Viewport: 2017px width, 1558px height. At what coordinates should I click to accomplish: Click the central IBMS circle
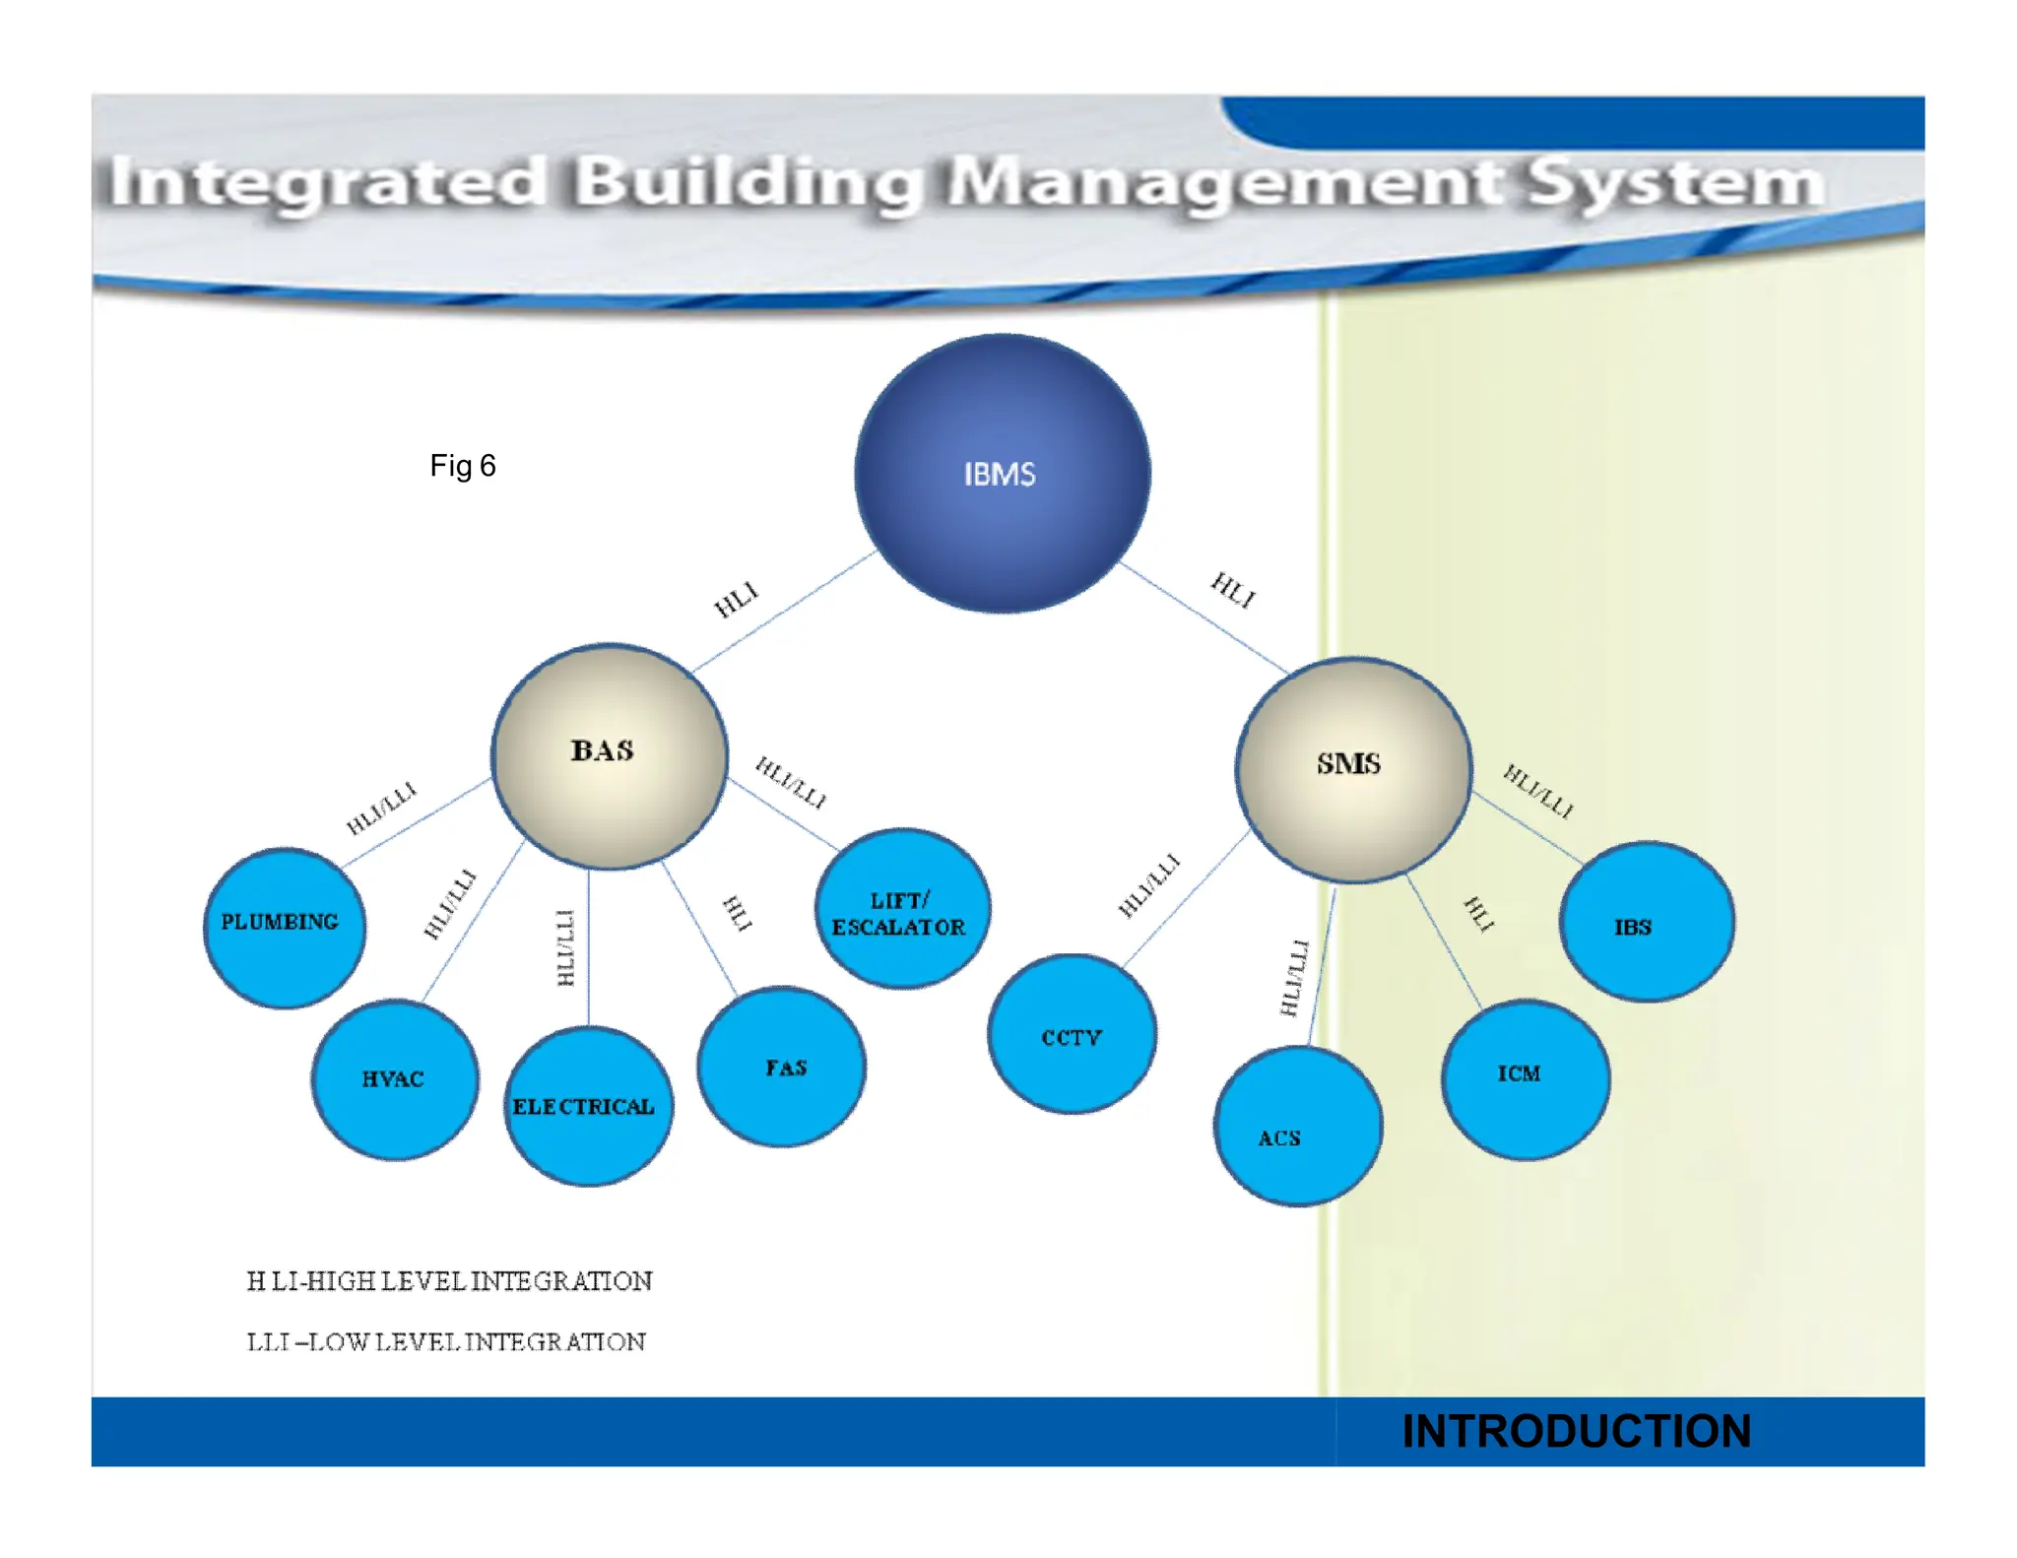coord(1002,474)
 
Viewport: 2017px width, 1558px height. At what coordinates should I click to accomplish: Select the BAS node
coord(610,756)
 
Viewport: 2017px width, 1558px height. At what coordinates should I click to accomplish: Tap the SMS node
coord(1354,769)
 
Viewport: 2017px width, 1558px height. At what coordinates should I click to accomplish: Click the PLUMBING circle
coord(284,927)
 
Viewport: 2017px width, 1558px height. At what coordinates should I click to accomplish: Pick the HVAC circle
coord(395,1079)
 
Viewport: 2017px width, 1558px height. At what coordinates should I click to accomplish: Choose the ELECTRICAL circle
coord(588,1106)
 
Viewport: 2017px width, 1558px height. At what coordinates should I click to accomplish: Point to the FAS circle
coord(782,1067)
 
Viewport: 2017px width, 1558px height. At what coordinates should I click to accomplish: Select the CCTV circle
coord(1072,1034)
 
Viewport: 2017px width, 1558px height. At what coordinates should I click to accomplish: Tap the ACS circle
coord(1298,1126)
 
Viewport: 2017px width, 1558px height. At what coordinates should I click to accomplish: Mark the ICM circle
coord(1525,1078)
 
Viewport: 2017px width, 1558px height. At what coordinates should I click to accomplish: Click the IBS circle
coord(1647,923)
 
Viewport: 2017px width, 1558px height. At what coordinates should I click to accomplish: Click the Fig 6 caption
coord(462,466)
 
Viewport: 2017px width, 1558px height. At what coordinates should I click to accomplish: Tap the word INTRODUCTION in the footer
coord(1576,1431)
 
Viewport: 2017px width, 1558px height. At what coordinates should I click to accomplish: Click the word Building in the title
coord(748,184)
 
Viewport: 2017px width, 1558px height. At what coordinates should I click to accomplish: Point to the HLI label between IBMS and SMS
coord(1233,590)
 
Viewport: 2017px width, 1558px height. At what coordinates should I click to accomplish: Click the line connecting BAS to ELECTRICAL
coord(589,945)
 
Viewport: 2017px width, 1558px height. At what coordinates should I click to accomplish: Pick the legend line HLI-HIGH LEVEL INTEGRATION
coord(449,1281)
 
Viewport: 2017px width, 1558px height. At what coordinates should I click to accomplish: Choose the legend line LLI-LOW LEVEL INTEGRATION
coord(446,1342)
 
